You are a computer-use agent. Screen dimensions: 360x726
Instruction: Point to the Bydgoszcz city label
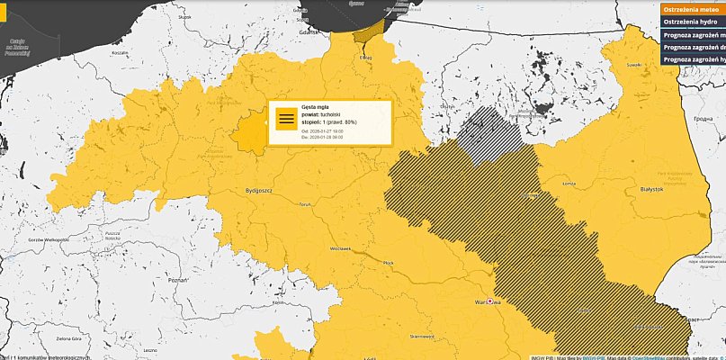(259, 191)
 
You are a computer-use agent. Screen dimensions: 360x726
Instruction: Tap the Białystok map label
(649, 191)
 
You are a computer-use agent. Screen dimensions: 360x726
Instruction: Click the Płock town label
(389, 262)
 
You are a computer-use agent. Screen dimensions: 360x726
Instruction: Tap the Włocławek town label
(339, 247)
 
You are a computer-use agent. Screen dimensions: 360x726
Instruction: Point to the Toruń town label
(303, 204)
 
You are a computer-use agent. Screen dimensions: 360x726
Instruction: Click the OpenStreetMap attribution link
(644, 355)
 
